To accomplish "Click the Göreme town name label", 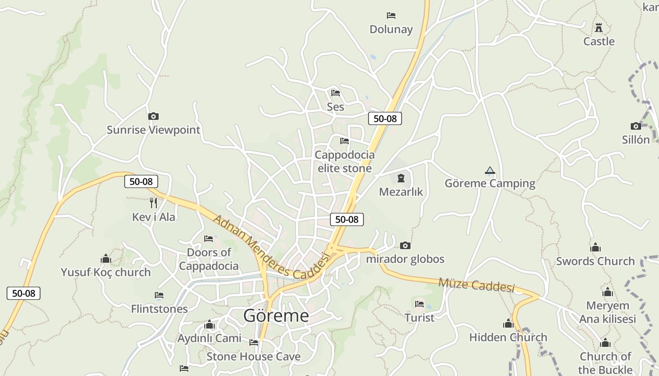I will tap(276, 315).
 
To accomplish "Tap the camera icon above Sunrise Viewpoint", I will tap(153, 116).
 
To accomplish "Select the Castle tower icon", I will tap(599, 28).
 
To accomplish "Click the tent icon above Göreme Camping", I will tap(490, 170).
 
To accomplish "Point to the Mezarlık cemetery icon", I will tap(401, 178).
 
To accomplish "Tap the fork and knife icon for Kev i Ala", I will tap(153, 203).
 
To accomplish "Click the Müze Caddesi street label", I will tap(476, 284).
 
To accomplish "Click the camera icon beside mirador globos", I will tap(405, 245).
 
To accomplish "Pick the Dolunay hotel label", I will tap(391, 29).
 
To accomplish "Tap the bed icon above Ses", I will tap(335, 93).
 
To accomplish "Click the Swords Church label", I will tap(595, 261).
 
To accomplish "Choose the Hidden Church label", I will tap(508, 337).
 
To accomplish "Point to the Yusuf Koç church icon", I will tap(105, 258).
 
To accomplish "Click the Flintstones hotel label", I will tap(159, 309).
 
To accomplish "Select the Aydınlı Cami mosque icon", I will tap(209, 324).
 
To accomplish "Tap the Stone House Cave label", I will tap(253, 356).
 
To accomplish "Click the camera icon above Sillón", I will tap(635, 126).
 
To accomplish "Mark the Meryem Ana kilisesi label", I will tap(607, 312).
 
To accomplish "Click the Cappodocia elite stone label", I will tap(345, 161).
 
